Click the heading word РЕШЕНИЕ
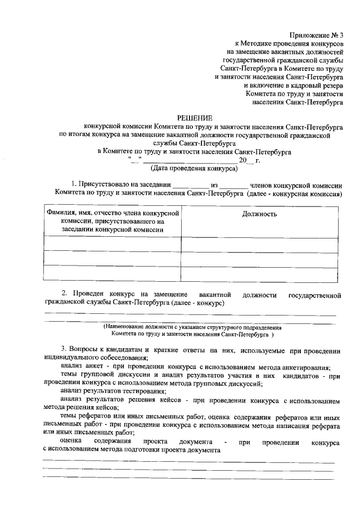(195, 118)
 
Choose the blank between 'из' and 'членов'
(233, 184)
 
